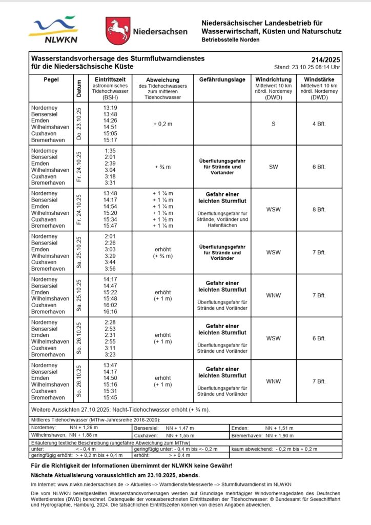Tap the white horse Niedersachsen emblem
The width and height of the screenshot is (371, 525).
(x=117, y=31)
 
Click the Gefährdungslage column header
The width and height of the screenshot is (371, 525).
(x=222, y=80)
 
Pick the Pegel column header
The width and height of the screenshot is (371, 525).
(x=52, y=79)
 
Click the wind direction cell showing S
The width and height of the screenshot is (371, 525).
(x=273, y=124)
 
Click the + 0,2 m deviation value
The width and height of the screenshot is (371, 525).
(x=162, y=124)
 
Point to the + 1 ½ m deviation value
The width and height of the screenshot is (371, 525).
(x=163, y=219)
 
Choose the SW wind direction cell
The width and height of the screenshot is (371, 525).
(x=273, y=167)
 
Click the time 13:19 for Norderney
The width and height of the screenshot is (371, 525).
(x=110, y=108)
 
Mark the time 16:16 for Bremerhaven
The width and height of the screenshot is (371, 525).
(x=110, y=312)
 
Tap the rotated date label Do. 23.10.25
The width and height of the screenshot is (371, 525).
(x=78, y=124)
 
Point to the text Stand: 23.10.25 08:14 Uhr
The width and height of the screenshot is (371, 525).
(x=307, y=67)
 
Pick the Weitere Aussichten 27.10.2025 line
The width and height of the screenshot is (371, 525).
(x=120, y=410)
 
